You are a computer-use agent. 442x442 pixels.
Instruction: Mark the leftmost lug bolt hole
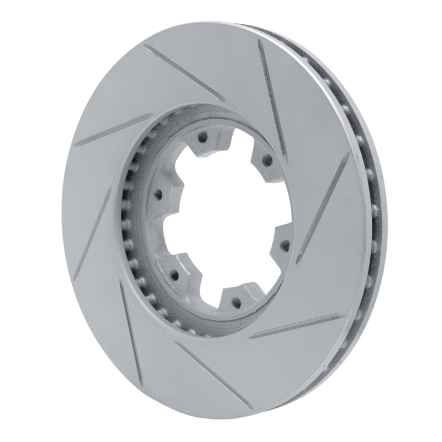pyautogui.click(x=158, y=194)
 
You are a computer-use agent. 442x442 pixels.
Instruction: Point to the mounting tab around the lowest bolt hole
pyautogui.click(x=236, y=298)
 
